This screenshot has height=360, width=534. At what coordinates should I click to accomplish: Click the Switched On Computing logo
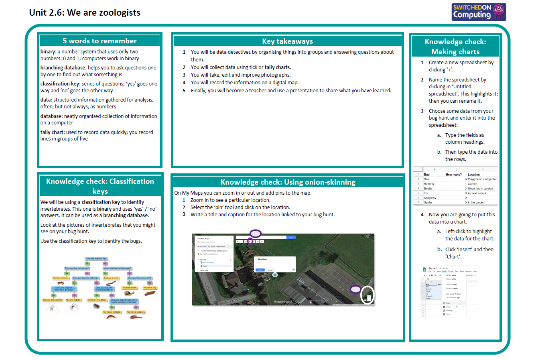click(x=479, y=12)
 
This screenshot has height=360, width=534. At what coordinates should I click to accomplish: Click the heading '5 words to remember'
click(x=99, y=41)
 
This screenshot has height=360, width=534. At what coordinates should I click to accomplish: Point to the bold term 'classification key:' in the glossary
click(x=60, y=83)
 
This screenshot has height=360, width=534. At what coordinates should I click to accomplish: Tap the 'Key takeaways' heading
click(x=287, y=41)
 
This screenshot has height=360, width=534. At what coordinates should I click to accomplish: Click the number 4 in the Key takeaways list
click(x=184, y=83)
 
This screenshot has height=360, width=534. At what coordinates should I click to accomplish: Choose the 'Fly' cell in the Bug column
click(x=426, y=193)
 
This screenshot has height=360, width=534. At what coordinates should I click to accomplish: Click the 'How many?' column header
click(x=454, y=175)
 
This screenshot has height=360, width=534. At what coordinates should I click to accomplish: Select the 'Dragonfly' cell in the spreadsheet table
click(x=430, y=198)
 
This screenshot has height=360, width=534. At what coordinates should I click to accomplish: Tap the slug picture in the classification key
click(x=150, y=293)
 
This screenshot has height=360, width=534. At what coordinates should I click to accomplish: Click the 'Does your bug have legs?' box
click(x=96, y=259)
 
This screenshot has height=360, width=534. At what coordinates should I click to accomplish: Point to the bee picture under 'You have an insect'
click(x=61, y=283)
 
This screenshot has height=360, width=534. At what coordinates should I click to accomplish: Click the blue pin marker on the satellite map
click(x=275, y=275)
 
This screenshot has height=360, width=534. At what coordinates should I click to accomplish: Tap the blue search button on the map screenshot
click(x=290, y=238)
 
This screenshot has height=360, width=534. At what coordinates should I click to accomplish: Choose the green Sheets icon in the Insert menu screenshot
click(x=424, y=269)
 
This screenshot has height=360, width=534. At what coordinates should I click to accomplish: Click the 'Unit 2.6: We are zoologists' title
click(x=85, y=12)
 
